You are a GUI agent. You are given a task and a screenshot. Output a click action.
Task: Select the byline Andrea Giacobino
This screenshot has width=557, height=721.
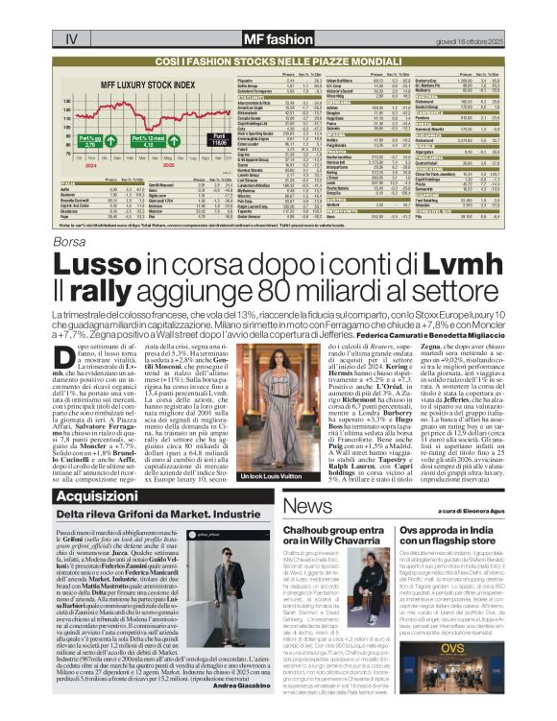(x=230, y=687)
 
